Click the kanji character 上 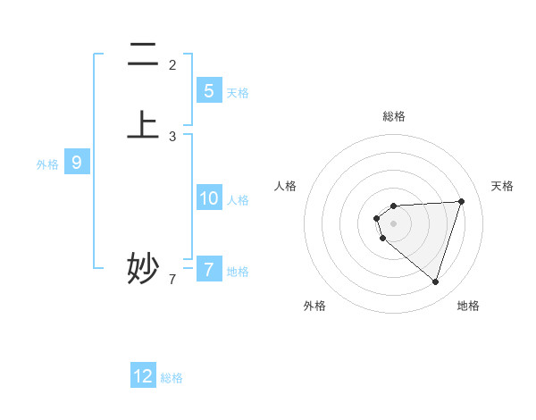click(143, 124)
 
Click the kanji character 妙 click(143, 267)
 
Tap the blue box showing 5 click(208, 91)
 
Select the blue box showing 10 click(208, 198)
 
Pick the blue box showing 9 click(77, 163)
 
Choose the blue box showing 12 click(143, 376)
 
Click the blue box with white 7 click(208, 269)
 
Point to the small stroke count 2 click(172, 64)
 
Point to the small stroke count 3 click(172, 137)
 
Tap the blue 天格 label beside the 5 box click(238, 93)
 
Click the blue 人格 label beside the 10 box click(238, 200)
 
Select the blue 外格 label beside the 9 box click(47, 164)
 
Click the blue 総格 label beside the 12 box click(172, 378)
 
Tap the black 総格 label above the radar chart click(394, 116)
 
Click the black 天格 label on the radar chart click(503, 186)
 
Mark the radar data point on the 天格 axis click(462, 201)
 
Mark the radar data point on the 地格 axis click(435, 281)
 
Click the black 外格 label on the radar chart click(314, 306)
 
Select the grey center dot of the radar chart click(394, 223)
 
